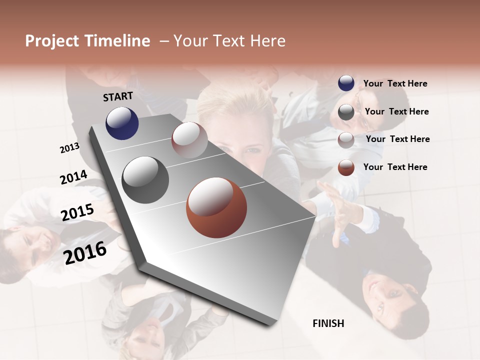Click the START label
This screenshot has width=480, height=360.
(x=118, y=96)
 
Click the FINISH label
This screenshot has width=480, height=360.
(x=328, y=323)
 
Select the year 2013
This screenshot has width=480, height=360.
(x=69, y=148)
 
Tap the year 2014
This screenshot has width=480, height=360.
(x=73, y=177)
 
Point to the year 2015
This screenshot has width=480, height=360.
(x=77, y=212)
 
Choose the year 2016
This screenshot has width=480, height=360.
(x=85, y=253)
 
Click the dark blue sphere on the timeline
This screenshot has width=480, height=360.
(x=122, y=123)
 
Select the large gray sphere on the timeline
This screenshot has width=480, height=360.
(x=145, y=180)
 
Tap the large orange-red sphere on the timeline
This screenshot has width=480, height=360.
(x=216, y=207)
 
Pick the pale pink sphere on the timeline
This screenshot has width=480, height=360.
(x=189, y=140)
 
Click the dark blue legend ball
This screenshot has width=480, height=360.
(x=346, y=83)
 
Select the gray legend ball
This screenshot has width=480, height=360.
(x=346, y=112)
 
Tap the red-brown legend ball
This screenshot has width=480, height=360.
(x=346, y=167)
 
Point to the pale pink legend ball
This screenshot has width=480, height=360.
(x=346, y=140)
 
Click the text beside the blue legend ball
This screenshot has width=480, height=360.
(x=395, y=83)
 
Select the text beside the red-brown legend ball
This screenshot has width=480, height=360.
(x=395, y=167)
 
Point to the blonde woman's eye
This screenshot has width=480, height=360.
(x=254, y=150)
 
